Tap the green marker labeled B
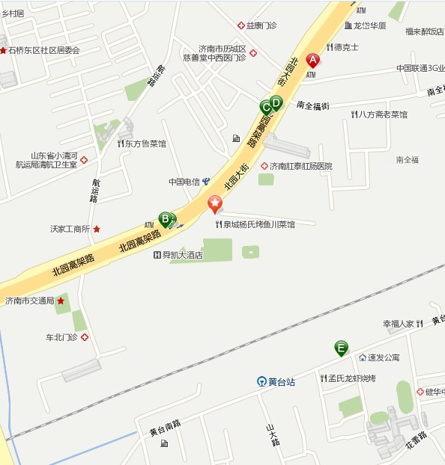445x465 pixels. (x=164, y=219)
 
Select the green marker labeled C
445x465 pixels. (x=265, y=106)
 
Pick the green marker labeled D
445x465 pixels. (x=276, y=102)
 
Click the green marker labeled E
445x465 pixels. (x=341, y=348)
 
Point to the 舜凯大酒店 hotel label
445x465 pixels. (x=178, y=255)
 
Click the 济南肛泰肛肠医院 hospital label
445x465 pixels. (x=296, y=166)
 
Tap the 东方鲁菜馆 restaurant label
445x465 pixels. (x=142, y=144)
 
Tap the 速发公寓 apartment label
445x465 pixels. (x=383, y=358)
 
